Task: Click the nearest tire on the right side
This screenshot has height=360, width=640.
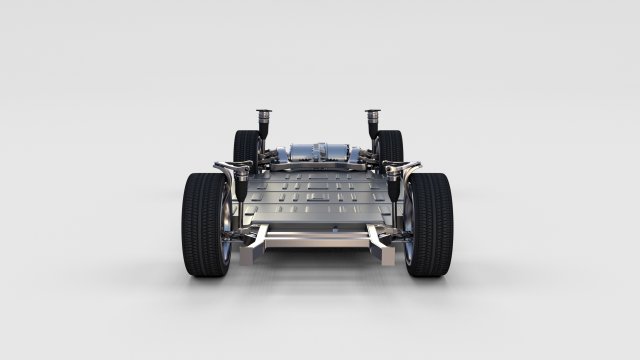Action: point(430,224)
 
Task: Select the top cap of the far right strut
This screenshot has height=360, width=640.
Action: point(373,112)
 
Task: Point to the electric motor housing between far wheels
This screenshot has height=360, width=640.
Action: point(318,152)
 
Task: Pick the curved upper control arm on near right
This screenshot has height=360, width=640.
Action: point(405,170)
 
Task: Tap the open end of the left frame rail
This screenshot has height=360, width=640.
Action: point(259,239)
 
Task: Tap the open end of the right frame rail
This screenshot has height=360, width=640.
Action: point(377,239)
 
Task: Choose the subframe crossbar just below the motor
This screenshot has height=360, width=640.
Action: point(318,166)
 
